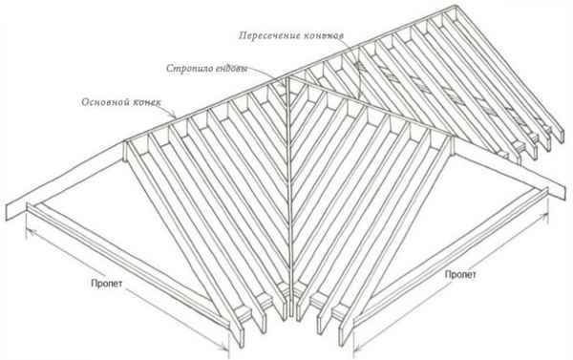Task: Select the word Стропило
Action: click(x=188, y=69)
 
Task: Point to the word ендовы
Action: click(x=231, y=69)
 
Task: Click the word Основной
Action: click(x=103, y=102)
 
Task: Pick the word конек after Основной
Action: click(x=145, y=102)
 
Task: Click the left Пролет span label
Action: click(x=107, y=284)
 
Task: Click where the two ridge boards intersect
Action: click(x=289, y=78)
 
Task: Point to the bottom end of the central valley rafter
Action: click(x=291, y=314)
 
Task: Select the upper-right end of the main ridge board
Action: click(x=456, y=8)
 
